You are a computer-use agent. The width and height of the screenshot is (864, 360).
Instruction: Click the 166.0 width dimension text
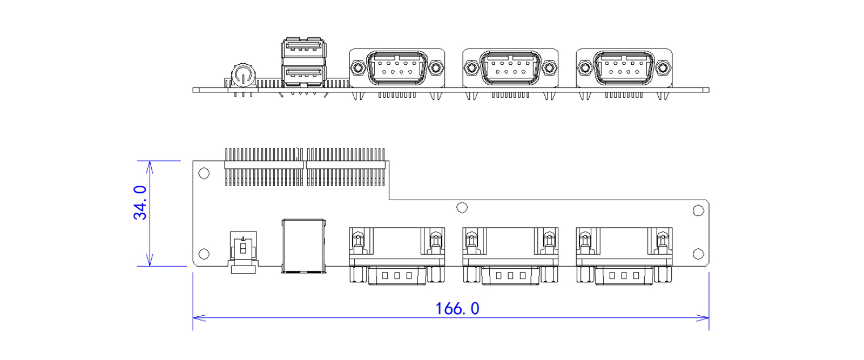[x=457, y=309]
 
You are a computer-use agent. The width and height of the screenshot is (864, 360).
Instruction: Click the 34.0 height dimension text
[x=140, y=203]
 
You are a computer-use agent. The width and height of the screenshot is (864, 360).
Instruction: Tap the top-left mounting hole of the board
[x=204, y=173]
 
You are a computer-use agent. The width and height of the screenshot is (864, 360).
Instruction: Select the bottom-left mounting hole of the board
[x=204, y=254]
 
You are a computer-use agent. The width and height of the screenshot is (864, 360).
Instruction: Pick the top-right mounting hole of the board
[x=698, y=210]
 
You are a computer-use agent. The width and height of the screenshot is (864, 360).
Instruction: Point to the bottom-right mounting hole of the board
[x=698, y=254]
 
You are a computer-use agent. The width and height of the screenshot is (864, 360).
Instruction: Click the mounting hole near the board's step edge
[x=462, y=208]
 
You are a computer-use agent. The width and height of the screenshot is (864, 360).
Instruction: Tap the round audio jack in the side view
[x=243, y=75]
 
